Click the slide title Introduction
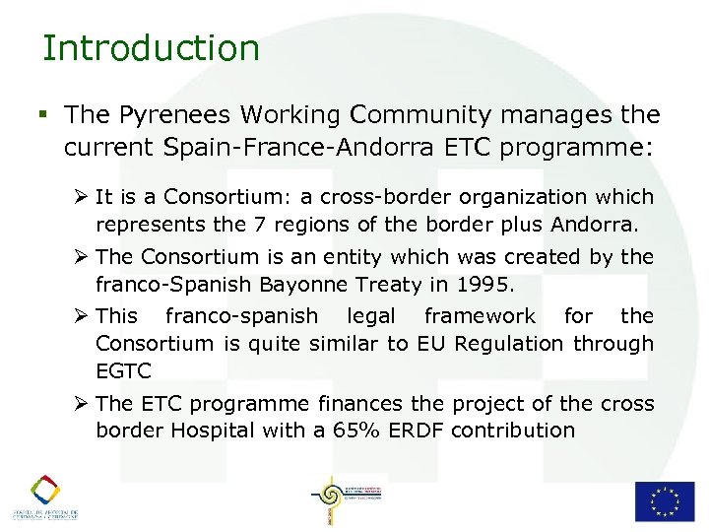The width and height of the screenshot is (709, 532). click(151, 47)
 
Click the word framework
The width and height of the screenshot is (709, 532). click(480, 316)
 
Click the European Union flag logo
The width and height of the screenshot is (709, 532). click(664, 500)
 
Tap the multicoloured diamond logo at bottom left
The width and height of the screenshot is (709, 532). click(45, 490)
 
